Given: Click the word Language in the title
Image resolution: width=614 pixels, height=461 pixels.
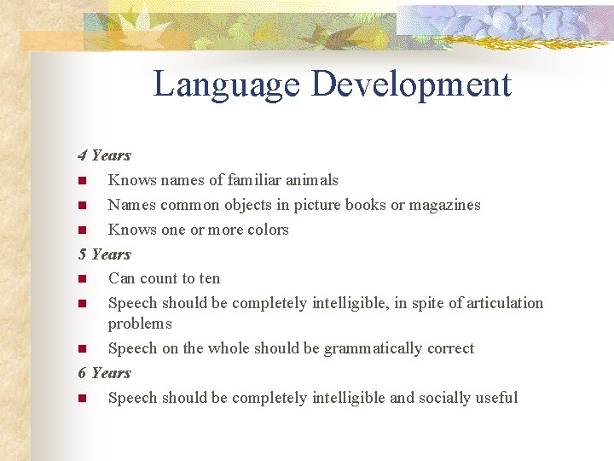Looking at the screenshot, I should pos(227,85).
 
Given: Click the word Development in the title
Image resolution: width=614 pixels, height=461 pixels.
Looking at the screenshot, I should pos(411,85).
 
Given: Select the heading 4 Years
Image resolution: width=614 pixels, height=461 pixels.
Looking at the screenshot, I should pos(104,155).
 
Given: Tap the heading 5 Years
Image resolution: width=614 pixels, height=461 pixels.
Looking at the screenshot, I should pos(104,254).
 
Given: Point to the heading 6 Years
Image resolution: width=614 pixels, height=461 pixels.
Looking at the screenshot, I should pos(104,373).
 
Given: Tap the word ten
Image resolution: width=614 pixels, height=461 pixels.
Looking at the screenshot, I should pos(209,278).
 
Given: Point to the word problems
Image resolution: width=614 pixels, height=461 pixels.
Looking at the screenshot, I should pos(140,324).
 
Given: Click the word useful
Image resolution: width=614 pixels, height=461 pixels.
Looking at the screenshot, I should pos(496,398).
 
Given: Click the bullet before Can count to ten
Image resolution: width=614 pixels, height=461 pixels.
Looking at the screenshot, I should pos(82,279).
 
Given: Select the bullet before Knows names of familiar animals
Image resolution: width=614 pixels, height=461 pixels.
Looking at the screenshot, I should pos(82,181).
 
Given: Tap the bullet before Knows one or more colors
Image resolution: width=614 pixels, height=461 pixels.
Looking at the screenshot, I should pos(82,230).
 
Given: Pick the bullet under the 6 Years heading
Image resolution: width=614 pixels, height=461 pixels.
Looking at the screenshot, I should pos(82,399).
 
